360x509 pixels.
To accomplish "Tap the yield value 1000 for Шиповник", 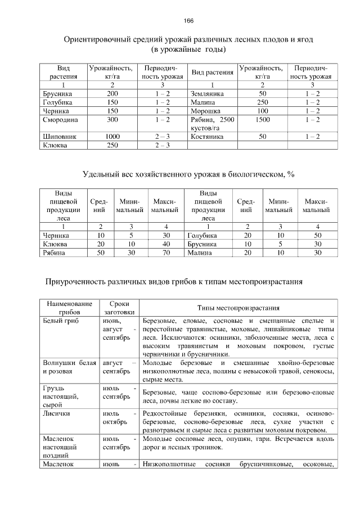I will (112, 136).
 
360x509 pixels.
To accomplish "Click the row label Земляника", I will (208, 93).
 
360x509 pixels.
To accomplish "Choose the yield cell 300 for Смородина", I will (112, 120).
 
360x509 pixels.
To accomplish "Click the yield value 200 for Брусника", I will (112, 93).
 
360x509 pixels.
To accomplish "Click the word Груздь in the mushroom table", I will (54, 388).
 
